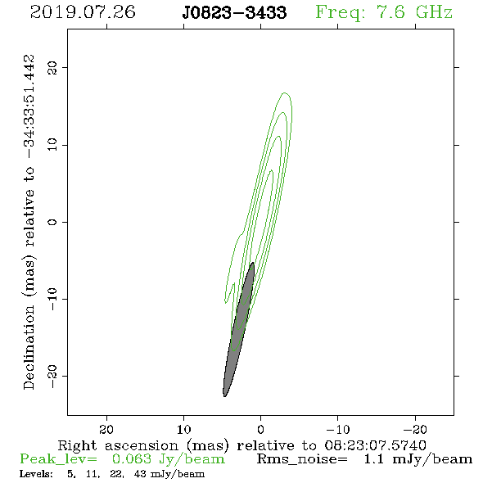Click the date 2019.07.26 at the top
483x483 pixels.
pyautogui.click(x=83, y=12)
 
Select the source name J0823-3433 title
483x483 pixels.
pyautogui.click(x=234, y=13)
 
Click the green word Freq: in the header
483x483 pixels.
pyautogui.click(x=340, y=13)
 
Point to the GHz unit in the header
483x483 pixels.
pyautogui.click(x=434, y=12)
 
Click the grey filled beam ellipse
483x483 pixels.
pyautogui.click(x=239, y=330)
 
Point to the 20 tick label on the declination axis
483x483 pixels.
pyautogui.click(x=52, y=68)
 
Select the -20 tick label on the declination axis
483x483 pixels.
pyautogui.click(x=52, y=377)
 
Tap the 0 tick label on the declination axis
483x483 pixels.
pyautogui.click(x=52, y=222)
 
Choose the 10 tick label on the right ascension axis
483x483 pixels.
pyautogui.click(x=184, y=430)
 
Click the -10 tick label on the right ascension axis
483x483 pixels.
pyautogui.click(x=337, y=430)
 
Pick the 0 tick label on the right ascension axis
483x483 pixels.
pyautogui.click(x=260, y=430)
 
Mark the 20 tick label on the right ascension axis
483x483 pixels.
pyautogui.click(x=106, y=430)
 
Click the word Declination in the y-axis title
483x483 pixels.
pyautogui.click(x=29, y=347)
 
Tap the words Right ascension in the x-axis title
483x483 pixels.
pyautogui.click(x=118, y=445)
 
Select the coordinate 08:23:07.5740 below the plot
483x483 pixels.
pyautogui.click(x=376, y=445)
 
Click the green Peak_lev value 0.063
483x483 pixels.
pyautogui.click(x=132, y=459)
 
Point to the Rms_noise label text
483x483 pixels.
pyautogui.click(x=302, y=459)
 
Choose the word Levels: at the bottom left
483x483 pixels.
pyautogui.click(x=36, y=474)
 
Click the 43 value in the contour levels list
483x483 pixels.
pyautogui.click(x=140, y=474)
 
